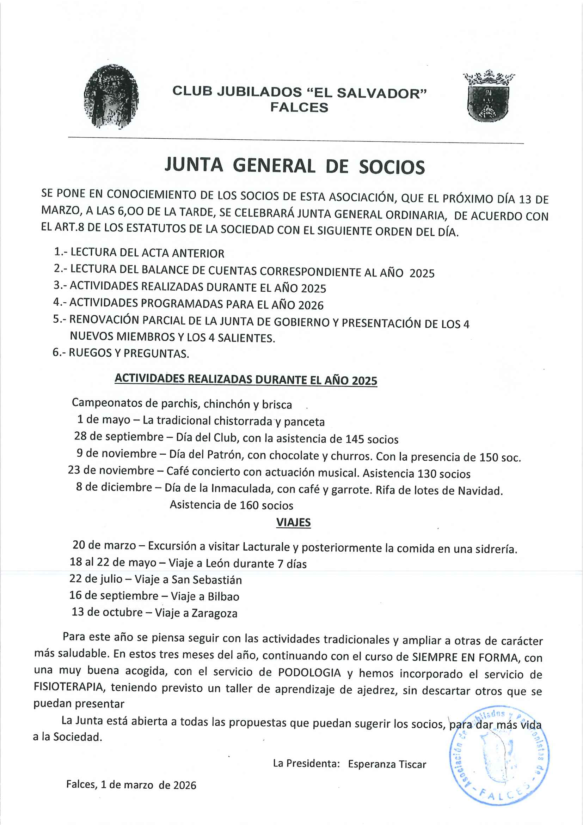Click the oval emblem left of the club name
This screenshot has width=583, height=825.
(111, 96)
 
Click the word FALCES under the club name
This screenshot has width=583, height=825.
(299, 108)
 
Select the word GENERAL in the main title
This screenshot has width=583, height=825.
(274, 166)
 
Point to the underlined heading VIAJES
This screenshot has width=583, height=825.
(293, 522)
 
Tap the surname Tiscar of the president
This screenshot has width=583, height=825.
(409, 764)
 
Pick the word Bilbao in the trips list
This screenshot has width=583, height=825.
(223, 596)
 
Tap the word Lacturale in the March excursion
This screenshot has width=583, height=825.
(266, 546)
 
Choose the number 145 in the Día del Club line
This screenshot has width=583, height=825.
(354, 439)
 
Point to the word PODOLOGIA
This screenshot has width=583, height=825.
(309, 673)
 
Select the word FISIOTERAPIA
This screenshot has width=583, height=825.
(69, 687)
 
